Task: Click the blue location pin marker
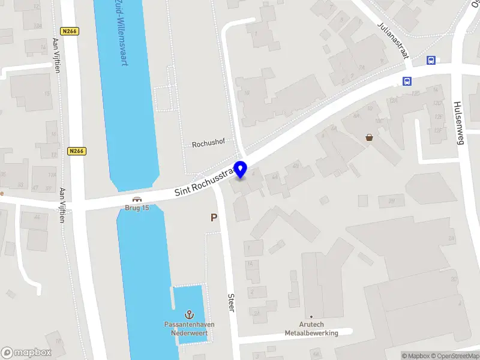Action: (241, 169)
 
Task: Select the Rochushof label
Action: (208, 145)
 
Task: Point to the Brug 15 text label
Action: (137, 208)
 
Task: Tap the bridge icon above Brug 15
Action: (137, 200)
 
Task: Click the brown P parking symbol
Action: (213, 218)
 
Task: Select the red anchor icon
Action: (190, 314)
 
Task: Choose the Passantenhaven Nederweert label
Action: (190, 328)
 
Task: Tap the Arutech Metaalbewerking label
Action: (311, 329)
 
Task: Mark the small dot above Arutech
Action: (311, 316)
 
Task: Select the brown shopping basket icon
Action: (369, 137)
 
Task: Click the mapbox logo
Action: (26, 353)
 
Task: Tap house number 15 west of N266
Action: (47, 93)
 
